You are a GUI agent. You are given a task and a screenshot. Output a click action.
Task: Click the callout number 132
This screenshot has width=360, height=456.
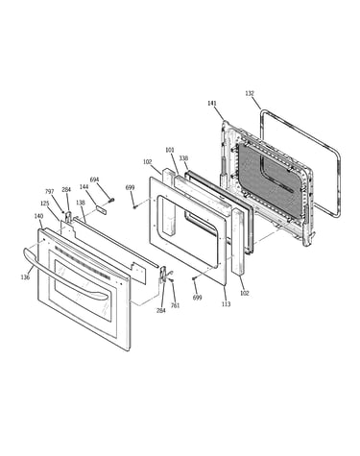[250, 93]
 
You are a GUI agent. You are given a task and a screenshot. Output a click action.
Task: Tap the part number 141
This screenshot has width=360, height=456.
[212, 104]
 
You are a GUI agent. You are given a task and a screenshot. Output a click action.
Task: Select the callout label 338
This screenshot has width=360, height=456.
[183, 158]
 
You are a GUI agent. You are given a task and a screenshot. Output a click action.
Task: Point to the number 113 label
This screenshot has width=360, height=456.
[226, 304]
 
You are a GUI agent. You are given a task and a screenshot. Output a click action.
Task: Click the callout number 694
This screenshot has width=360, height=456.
[94, 180]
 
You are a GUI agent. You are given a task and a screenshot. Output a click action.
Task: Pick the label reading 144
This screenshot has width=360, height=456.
[84, 186]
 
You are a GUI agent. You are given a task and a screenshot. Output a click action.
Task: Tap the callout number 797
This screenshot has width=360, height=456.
[50, 192]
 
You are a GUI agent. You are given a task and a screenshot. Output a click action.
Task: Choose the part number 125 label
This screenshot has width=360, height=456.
[45, 204]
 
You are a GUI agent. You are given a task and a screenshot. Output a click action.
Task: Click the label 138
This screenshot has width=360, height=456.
[81, 203]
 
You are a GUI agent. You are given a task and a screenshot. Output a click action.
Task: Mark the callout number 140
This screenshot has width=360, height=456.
[38, 216]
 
